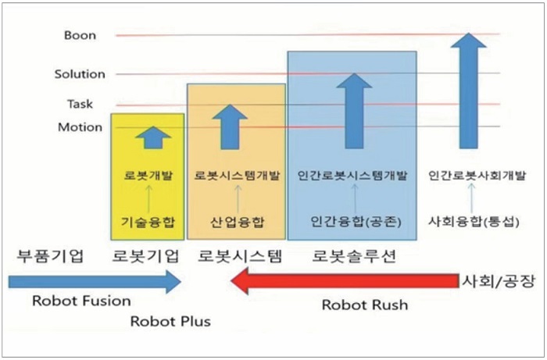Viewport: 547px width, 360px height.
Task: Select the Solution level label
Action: coord(80,74)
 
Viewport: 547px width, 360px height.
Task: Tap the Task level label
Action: coord(80,103)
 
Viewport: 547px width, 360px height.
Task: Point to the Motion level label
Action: coord(80,127)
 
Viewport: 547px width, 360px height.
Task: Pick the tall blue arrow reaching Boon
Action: coord(467,90)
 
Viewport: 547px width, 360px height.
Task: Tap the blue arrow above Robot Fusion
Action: coord(95,282)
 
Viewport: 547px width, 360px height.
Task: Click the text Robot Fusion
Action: coord(82,301)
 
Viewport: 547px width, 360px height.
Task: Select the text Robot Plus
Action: coord(170,320)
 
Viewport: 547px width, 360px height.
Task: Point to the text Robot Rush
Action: coord(365,305)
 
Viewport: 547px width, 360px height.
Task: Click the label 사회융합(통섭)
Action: coord(468,222)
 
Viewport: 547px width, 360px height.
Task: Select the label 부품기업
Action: coord(49,255)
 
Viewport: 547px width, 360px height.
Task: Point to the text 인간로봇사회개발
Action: coord(467,176)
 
